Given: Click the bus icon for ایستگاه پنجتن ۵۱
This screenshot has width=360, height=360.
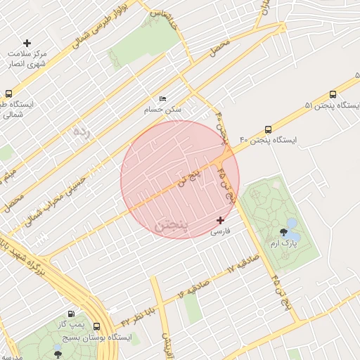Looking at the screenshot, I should [x=333, y=95].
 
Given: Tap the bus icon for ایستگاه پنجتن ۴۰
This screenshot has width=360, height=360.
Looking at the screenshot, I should [x=268, y=129].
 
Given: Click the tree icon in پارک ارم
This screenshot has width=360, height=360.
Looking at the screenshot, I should [x=284, y=231].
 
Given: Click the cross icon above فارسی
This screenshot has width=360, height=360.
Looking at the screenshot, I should [x=220, y=220].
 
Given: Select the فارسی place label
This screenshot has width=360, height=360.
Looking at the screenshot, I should [x=220, y=231].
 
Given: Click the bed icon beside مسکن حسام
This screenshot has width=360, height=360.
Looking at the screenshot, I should [x=163, y=98].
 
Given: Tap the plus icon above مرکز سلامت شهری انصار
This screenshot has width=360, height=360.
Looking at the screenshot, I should [x=27, y=44].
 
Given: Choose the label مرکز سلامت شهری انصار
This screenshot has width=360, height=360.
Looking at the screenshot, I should [x=27, y=59].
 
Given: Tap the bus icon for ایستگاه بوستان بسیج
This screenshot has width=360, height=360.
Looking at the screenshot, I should [x=96, y=327].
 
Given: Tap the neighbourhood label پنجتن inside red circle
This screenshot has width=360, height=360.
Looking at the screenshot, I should [x=171, y=224].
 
